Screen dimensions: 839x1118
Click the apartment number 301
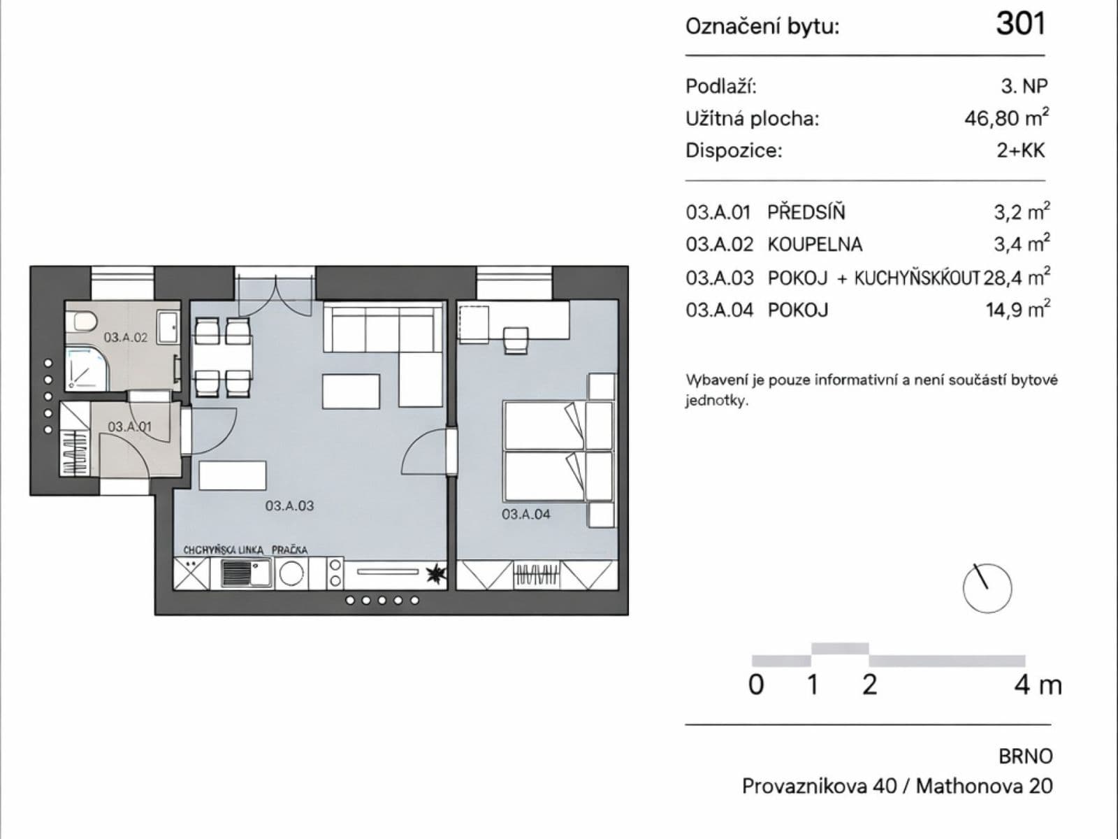(1020, 24)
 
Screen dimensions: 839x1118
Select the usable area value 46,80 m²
(1006, 117)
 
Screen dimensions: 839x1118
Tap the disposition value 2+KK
(1020, 150)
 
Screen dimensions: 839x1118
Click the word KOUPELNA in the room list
(815, 245)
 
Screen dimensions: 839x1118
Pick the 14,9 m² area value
(1017, 310)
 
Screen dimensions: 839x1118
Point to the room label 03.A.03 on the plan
(289, 505)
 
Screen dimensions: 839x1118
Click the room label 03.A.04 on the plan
(525, 515)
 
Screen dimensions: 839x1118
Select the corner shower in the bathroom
(87, 369)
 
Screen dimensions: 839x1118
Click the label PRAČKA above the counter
(289, 550)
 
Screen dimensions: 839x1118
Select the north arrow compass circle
(987, 588)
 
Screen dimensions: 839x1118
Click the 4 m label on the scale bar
(1037, 684)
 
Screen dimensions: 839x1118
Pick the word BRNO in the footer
(1025, 756)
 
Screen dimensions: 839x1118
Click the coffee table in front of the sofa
(351, 392)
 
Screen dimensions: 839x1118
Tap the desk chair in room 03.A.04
(516, 340)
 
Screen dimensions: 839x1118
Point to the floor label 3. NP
(1024, 86)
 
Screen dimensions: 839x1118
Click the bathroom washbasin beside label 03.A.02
(168, 328)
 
